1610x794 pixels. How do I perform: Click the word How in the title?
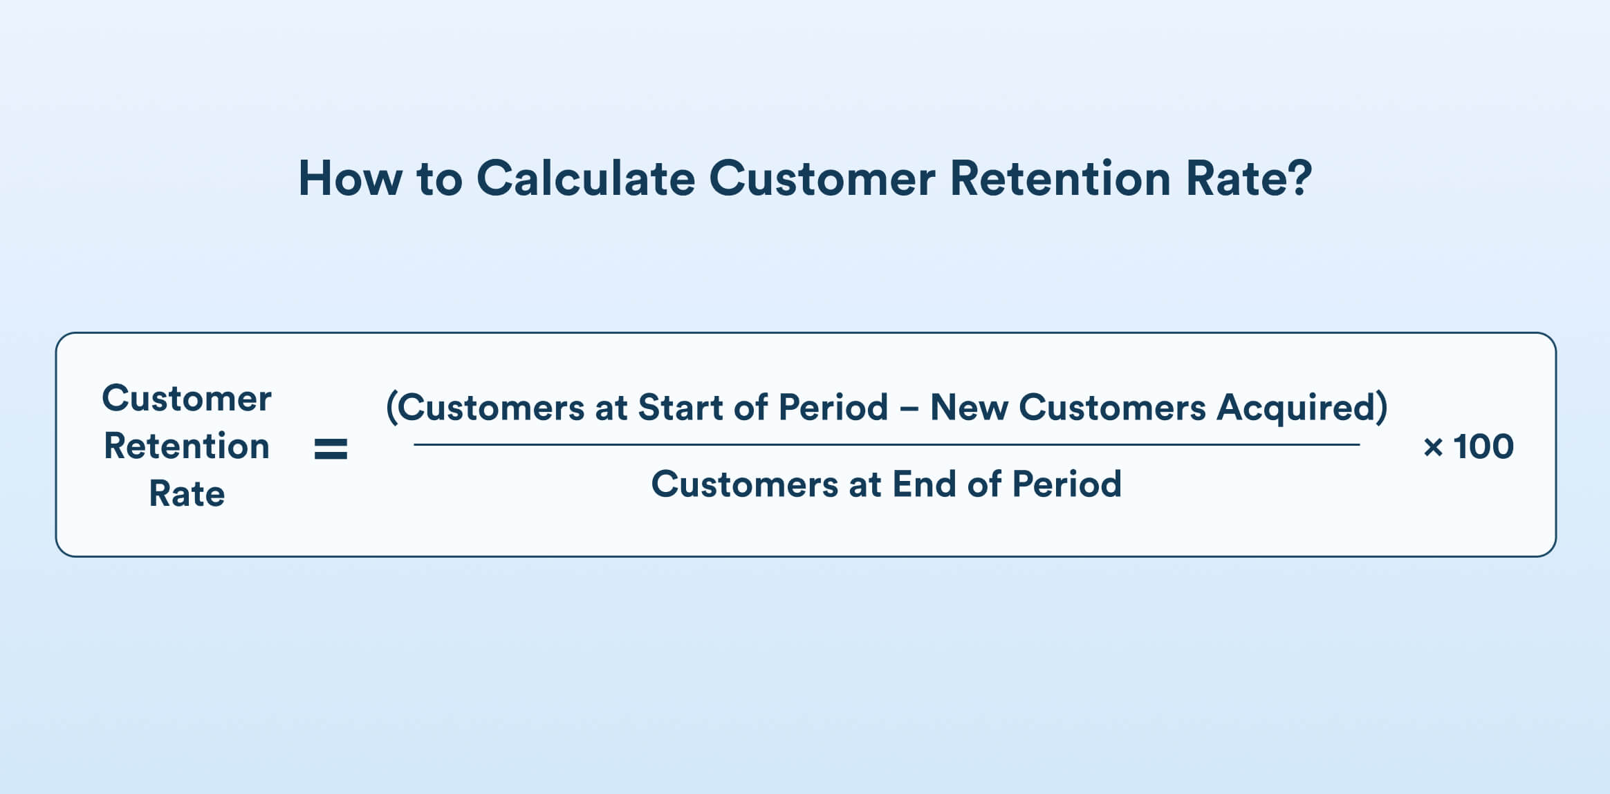[349, 179]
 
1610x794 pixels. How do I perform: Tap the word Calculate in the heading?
[585, 179]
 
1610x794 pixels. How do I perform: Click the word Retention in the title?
[1060, 179]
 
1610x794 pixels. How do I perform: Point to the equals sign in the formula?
[331, 448]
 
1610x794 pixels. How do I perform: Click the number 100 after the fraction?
[1484, 446]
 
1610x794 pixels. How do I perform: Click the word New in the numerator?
[969, 407]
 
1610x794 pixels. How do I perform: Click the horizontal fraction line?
[885, 444]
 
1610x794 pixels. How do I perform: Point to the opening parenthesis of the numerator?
[391, 407]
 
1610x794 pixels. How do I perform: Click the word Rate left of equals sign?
[187, 494]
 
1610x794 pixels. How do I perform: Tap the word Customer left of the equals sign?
[187, 399]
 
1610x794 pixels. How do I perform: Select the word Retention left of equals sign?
[187, 446]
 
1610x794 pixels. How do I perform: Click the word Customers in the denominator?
[744, 484]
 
